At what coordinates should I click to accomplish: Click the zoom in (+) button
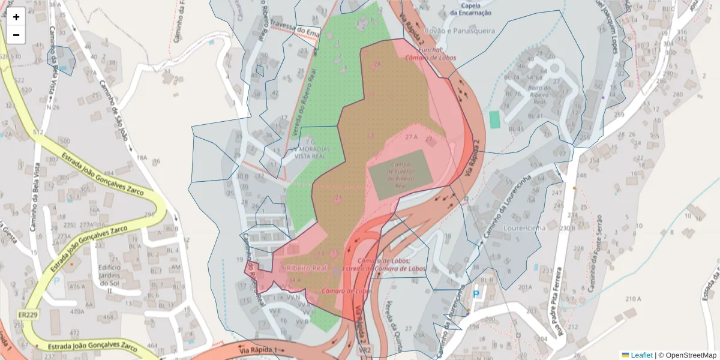coord(16,17)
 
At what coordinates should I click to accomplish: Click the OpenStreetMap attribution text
coord(690,355)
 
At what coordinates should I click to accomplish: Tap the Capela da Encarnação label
coord(470,9)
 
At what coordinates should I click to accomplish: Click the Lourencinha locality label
coord(524,228)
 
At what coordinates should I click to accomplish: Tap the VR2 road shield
coord(365,349)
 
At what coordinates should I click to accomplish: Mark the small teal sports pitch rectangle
coord(494,119)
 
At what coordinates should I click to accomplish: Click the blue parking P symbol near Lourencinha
coord(476,294)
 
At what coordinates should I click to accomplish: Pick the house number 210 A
coord(634,299)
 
